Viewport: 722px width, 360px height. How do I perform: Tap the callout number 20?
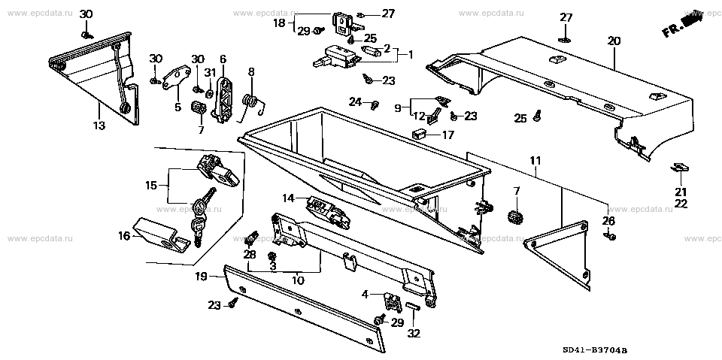coord(614,41)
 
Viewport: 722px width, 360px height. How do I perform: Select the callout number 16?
coord(125,236)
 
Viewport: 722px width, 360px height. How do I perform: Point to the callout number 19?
coord(202,277)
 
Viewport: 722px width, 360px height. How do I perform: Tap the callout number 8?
coord(251,72)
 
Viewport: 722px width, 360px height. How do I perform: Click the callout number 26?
coord(608,220)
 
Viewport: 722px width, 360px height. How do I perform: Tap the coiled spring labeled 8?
coord(253,101)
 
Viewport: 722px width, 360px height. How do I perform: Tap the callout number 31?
coord(211,72)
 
